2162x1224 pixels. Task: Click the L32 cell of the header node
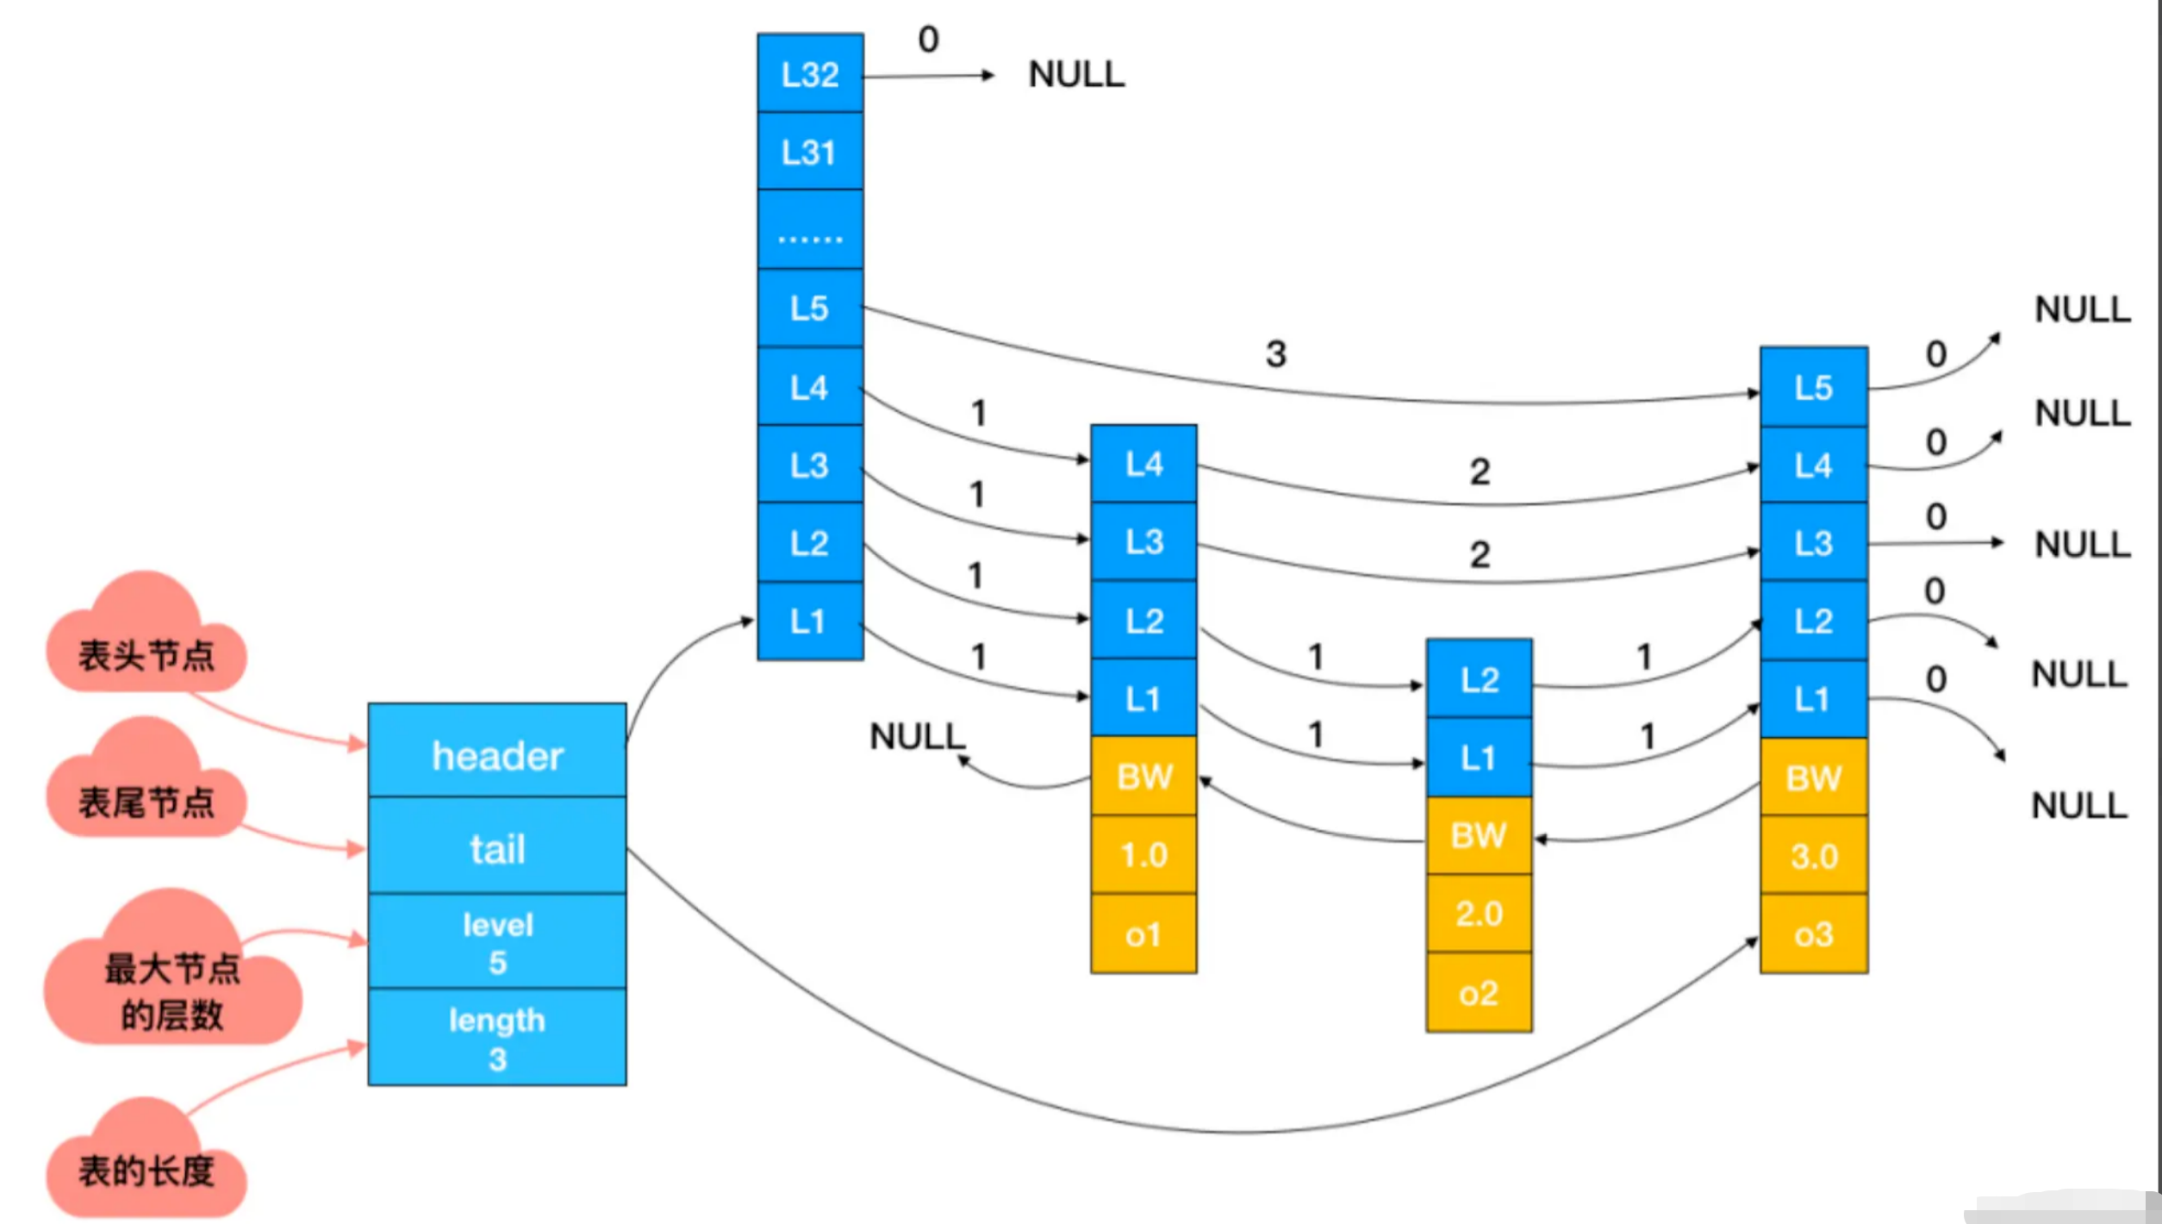pyautogui.click(x=810, y=73)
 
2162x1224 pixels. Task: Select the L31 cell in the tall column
pyautogui.click(x=810, y=151)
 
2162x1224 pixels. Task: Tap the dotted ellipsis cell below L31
pyautogui.click(x=810, y=229)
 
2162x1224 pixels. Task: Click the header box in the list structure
pyautogui.click(x=497, y=750)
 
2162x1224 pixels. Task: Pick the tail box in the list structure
pyautogui.click(x=497, y=846)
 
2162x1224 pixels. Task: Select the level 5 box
pyautogui.click(x=497, y=941)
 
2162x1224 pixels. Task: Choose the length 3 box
pyautogui.click(x=497, y=1037)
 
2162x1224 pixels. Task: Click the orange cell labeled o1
pyautogui.click(x=1143, y=934)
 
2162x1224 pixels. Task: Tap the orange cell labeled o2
pyautogui.click(x=1479, y=992)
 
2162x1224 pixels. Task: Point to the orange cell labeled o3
pyautogui.click(x=1814, y=934)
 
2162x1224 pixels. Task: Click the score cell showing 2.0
pyautogui.click(x=1479, y=914)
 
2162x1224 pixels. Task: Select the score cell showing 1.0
pyautogui.click(x=1143, y=855)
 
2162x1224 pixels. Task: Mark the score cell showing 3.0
pyautogui.click(x=1814, y=855)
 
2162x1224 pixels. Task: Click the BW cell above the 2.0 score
pyautogui.click(x=1479, y=835)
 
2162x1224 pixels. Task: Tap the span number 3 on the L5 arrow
pyautogui.click(x=1276, y=354)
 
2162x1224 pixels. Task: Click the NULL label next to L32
pyautogui.click(x=1076, y=74)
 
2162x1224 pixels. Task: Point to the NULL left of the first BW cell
pyautogui.click(x=918, y=736)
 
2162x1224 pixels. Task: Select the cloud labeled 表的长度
pyautogui.click(x=146, y=1159)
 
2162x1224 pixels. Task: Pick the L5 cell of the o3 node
pyautogui.click(x=1814, y=387)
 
